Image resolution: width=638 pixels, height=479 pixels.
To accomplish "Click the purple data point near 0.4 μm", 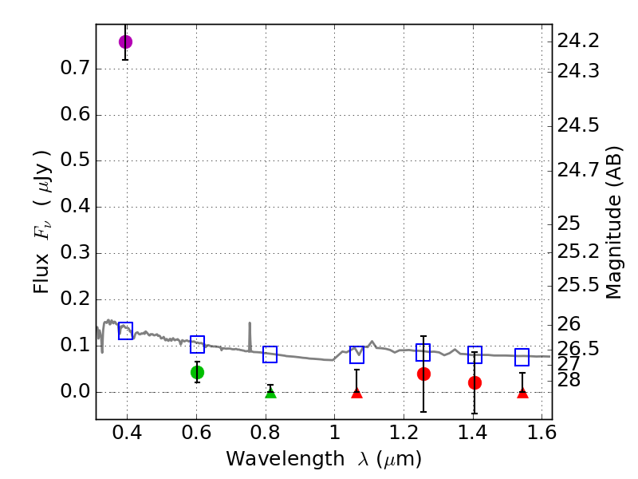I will click(x=125, y=42).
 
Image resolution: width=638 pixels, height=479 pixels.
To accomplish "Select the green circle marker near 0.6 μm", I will click(x=197, y=372).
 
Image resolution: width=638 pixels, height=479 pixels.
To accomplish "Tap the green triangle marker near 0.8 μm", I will click(x=270, y=392).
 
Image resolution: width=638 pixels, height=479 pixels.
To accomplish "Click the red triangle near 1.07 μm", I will click(x=356, y=392).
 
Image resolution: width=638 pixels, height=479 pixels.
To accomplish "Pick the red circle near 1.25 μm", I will click(x=423, y=374).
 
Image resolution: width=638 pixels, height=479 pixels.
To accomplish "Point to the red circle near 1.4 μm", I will click(x=475, y=382).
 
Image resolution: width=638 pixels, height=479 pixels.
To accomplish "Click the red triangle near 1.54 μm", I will click(x=522, y=392).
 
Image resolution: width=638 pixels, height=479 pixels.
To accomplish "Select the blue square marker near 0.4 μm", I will click(x=125, y=331).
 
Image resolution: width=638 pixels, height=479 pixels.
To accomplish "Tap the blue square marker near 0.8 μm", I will click(x=270, y=354).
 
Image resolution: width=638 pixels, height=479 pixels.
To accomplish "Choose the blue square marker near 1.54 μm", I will click(x=522, y=357).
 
